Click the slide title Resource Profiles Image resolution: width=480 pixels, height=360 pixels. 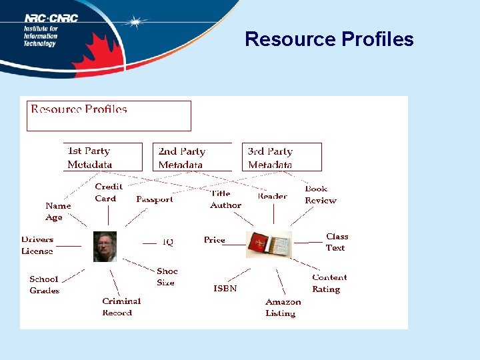click(x=329, y=39)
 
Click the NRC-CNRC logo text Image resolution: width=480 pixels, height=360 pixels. click(x=51, y=18)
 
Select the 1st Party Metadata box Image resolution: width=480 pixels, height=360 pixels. click(x=103, y=157)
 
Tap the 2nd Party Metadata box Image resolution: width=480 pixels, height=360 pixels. click(x=192, y=158)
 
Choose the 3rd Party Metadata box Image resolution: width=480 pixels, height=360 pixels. click(x=281, y=158)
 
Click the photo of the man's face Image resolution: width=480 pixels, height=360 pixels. click(x=105, y=246)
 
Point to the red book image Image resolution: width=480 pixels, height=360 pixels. click(x=269, y=245)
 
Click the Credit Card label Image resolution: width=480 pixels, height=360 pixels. click(x=108, y=193)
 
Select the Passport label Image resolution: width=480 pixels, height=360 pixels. click(x=154, y=199)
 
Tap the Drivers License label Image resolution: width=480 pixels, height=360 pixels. click(x=37, y=245)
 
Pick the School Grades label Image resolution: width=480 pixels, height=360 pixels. click(x=44, y=285)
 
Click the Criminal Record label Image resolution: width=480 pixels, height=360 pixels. click(x=121, y=307)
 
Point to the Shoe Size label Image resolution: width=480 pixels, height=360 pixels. click(x=167, y=277)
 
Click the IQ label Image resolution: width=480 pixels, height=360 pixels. click(x=168, y=242)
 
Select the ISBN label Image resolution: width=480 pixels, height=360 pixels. click(x=225, y=289)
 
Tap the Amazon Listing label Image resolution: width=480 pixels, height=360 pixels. click(x=283, y=307)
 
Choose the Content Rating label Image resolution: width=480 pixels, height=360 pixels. click(x=329, y=283)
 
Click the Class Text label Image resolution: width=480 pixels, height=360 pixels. click(x=337, y=242)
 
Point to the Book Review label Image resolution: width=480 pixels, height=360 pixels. click(x=320, y=195)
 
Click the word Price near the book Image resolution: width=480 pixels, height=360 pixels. click(x=215, y=240)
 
